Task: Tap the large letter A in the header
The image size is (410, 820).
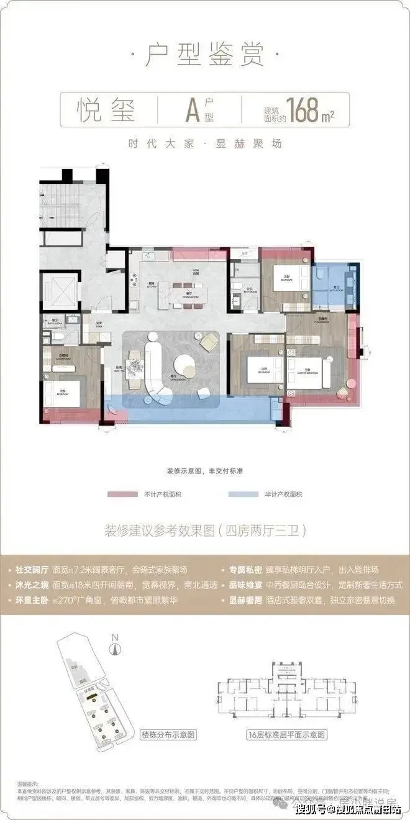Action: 193,111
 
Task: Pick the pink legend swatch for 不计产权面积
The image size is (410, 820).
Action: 121,494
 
